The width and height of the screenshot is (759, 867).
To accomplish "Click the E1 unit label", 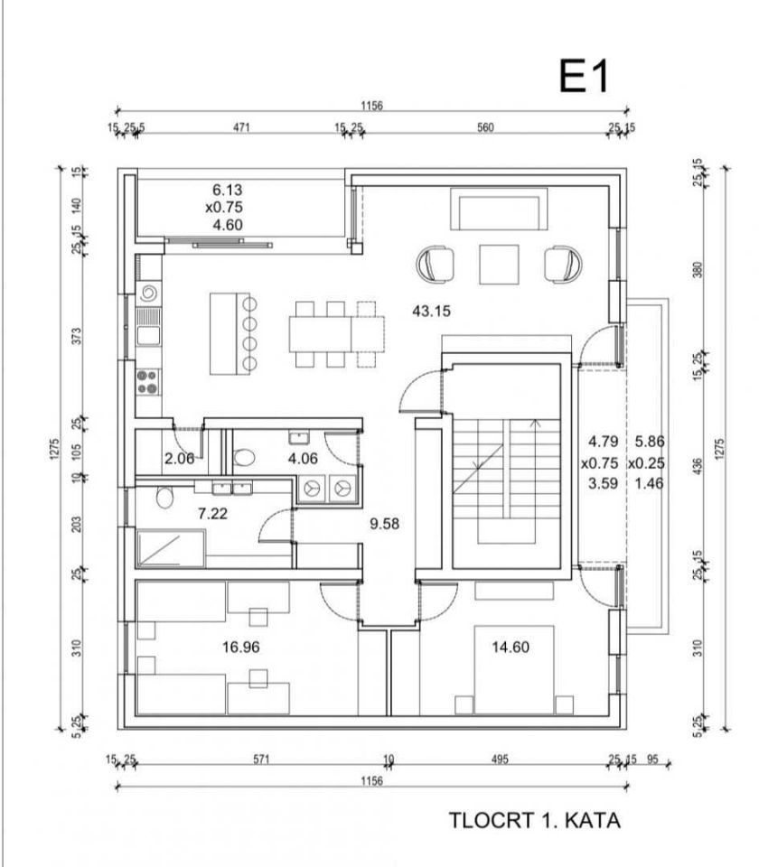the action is [584, 76].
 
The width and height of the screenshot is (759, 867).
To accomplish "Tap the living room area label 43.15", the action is [432, 312].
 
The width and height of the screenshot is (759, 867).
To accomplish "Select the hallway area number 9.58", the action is [385, 523].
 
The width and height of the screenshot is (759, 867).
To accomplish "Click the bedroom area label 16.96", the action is [240, 647].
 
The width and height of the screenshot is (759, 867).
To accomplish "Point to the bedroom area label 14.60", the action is [511, 647].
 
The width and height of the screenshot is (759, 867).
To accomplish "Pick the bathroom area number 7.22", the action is [213, 514].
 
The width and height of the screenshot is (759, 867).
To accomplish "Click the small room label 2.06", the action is [179, 459].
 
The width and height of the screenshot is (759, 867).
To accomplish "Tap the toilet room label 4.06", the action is [304, 459].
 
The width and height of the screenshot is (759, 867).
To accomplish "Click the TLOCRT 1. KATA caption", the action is [534, 821].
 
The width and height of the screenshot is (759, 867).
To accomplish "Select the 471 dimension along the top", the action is [241, 127].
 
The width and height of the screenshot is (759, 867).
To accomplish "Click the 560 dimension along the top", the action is [485, 127].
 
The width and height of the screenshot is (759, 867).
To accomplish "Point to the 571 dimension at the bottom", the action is [261, 760].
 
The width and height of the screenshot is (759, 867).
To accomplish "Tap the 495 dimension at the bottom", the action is [500, 760].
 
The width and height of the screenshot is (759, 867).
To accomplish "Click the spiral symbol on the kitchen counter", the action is [149, 294].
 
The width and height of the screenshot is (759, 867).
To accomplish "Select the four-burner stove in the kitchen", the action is [147, 381].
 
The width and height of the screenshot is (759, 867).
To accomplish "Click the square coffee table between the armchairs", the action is [499, 265].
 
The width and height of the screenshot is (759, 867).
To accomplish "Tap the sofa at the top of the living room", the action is [499, 209].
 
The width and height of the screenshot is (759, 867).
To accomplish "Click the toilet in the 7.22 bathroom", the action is [164, 497].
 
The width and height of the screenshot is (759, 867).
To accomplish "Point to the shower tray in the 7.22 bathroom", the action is [171, 548].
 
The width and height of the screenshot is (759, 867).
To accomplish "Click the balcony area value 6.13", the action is [228, 190].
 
